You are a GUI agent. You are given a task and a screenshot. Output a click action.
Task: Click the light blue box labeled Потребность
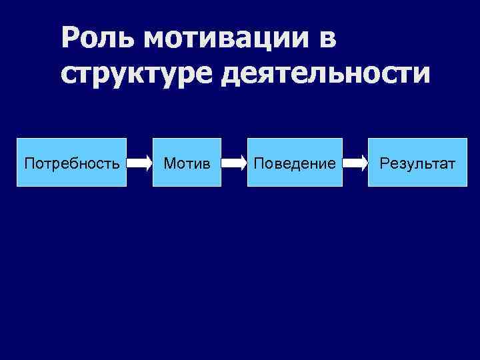point(71,162)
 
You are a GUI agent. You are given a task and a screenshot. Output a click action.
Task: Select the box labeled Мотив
point(187,162)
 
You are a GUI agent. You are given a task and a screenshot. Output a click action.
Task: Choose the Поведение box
point(295,162)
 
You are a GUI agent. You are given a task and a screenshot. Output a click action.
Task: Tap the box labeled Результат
point(417,162)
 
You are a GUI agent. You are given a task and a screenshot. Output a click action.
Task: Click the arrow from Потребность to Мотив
point(139,162)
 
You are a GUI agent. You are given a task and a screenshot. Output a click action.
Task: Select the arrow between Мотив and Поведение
point(234,162)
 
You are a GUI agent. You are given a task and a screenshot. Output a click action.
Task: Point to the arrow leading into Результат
point(355,162)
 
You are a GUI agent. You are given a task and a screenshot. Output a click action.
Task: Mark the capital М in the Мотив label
point(169,162)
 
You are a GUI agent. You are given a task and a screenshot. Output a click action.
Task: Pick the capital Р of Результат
point(383,162)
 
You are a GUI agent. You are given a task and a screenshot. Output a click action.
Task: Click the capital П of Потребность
point(28,162)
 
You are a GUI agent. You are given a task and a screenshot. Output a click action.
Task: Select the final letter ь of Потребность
point(117,162)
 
